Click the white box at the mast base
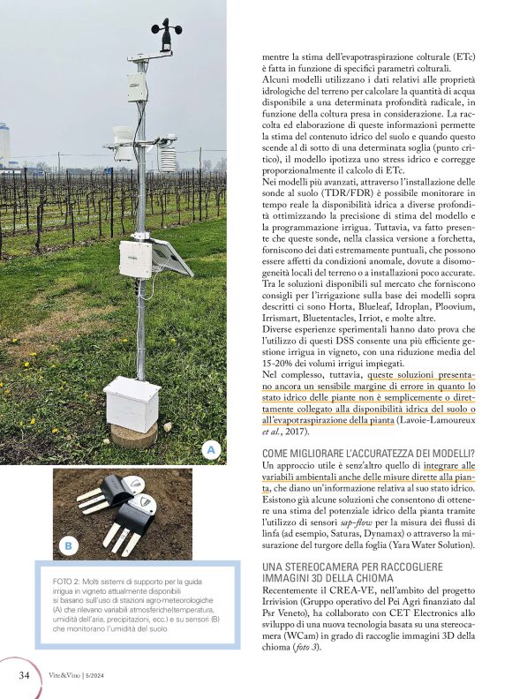132,403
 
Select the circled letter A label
210,450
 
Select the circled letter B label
68,546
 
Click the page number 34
26,675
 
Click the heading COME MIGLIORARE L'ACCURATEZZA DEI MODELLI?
369,453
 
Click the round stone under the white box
132,434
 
